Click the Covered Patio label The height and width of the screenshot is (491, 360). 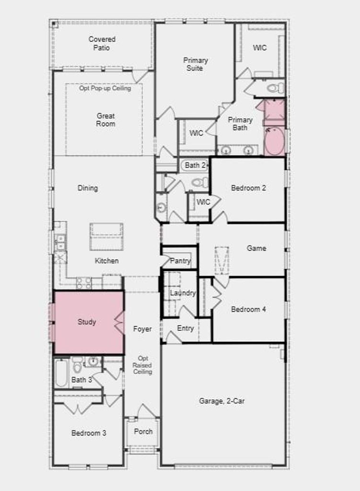pyautogui.click(x=102, y=43)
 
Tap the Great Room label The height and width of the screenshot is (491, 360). pyautogui.click(x=105, y=119)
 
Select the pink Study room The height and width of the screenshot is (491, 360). pyautogui.click(x=89, y=323)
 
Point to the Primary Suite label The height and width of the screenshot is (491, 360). pyautogui.click(x=195, y=64)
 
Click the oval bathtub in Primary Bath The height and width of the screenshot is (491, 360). pyautogui.click(x=275, y=142)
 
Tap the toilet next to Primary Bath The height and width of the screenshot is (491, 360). pyautogui.click(x=275, y=88)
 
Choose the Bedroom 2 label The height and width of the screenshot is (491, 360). pyautogui.click(x=249, y=188)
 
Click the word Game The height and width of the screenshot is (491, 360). pyautogui.click(x=256, y=248)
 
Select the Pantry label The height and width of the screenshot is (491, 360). pyautogui.click(x=180, y=260)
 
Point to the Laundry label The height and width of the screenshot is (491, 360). pyautogui.click(x=183, y=293)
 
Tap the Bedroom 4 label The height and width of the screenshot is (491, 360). pyautogui.click(x=249, y=309)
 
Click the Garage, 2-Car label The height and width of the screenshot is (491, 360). pyautogui.click(x=221, y=401)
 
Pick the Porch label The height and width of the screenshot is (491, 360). pyautogui.click(x=143, y=432)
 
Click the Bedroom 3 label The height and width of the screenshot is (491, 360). pyautogui.click(x=89, y=433)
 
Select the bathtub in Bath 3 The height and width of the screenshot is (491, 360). pyautogui.click(x=61, y=373)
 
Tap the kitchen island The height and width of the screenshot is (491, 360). pyautogui.click(x=106, y=237)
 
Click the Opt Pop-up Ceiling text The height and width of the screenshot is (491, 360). pyautogui.click(x=105, y=88)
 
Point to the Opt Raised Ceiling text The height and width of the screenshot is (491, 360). pyautogui.click(x=142, y=365)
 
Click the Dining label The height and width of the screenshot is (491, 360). pyautogui.click(x=88, y=188)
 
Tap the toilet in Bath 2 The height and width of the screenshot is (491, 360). pyautogui.click(x=200, y=182)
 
